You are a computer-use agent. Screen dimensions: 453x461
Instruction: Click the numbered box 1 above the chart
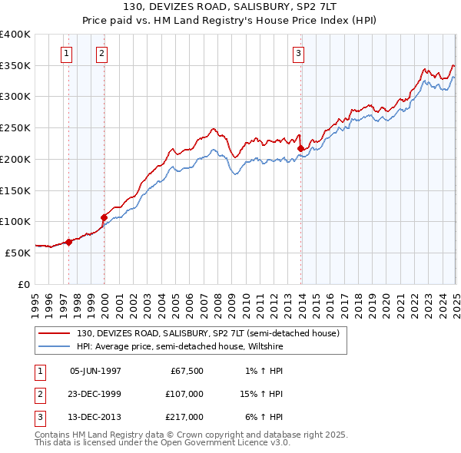[67, 53]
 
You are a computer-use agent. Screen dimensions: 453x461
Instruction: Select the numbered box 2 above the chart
[101, 53]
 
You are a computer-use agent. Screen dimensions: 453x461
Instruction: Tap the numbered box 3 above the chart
[298, 53]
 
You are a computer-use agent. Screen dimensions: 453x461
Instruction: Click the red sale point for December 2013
[301, 149]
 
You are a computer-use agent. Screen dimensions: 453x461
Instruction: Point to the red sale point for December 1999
[104, 217]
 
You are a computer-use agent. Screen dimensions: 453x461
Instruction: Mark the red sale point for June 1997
[68, 242]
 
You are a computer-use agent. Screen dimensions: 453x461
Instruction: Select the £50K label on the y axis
[18, 253]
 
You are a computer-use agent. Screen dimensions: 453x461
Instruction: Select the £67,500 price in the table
[186, 371]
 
